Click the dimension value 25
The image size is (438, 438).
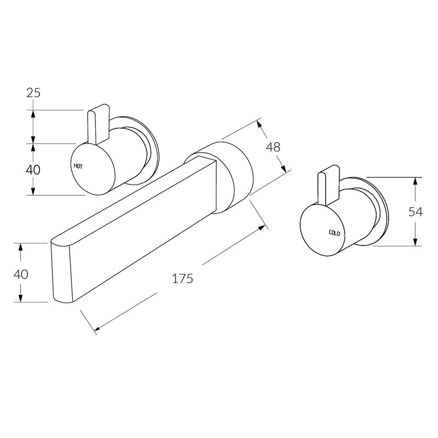coord(33,93)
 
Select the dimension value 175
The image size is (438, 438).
coord(182,278)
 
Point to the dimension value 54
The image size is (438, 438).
coord(416,212)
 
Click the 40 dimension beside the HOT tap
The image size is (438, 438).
coord(33,170)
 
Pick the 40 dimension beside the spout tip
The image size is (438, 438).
coord(20,274)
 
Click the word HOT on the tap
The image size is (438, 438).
coord(78,165)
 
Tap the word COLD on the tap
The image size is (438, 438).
coord(335,233)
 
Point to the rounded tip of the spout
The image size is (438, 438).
coord(62,271)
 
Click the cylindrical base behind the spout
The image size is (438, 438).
coord(235,175)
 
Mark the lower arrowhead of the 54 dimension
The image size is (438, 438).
coord(416,242)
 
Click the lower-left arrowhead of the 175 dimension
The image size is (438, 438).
coord(98,328)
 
